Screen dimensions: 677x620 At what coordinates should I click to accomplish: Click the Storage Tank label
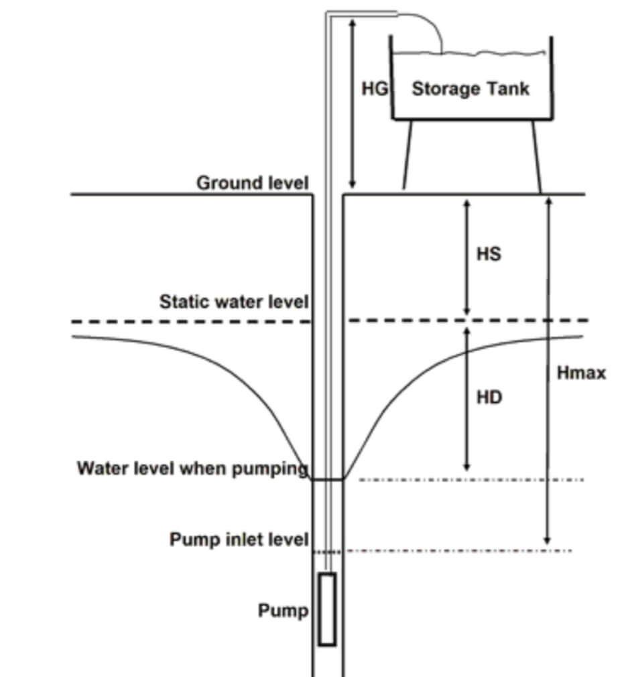pyautogui.click(x=470, y=88)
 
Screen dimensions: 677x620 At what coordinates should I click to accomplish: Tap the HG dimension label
pyautogui.click(x=375, y=88)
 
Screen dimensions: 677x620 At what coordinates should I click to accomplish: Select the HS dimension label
pyautogui.click(x=489, y=255)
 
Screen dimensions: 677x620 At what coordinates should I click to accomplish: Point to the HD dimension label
pyautogui.click(x=489, y=397)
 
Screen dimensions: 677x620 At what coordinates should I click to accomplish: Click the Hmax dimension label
pyautogui.click(x=581, y=373)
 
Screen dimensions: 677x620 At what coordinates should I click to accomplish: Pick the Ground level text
pyautogui.click(x=253, y=182)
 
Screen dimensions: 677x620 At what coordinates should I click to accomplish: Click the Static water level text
pyautogui.click(x=234, y=302)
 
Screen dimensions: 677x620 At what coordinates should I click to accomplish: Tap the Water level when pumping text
pyautogui.click(x=193, y=468)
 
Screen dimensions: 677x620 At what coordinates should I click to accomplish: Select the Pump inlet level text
pyautogui.click(x=239, y=539)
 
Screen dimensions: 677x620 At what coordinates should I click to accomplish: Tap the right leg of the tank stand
pyautogui.click(x=536, y=157)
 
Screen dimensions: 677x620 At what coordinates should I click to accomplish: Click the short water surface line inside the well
pyautogui.click(x=328, y=479)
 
